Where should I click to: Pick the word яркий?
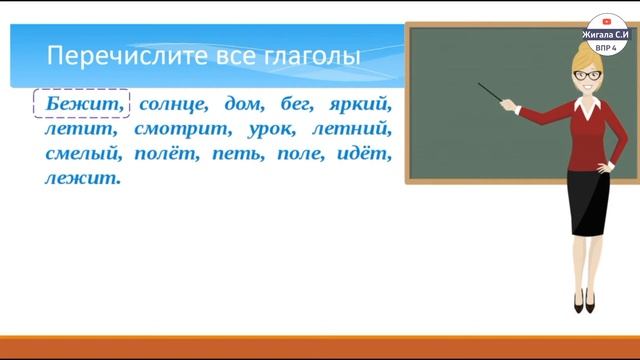coord(363,103)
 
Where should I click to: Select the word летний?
coord(354,129)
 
